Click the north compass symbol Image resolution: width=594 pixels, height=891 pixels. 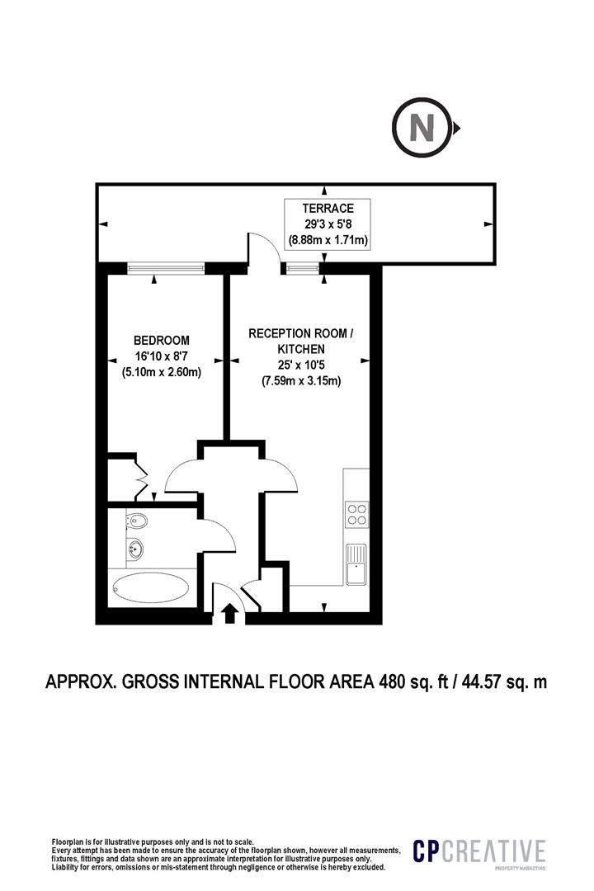(422, 129)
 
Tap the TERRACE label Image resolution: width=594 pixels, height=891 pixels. (328, 209)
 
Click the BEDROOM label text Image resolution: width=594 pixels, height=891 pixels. (162, 340)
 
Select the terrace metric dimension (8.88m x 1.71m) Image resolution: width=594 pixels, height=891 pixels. (328, 241)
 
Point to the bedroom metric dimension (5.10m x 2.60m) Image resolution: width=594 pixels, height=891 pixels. (162, 372)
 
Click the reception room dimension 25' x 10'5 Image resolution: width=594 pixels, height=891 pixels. (301, 365)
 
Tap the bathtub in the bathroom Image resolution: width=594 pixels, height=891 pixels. (151, 589)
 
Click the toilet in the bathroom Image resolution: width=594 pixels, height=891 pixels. (137, 521)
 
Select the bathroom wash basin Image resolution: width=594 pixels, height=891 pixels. (134, 548)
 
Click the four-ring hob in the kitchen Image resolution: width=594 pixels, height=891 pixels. (357, 514)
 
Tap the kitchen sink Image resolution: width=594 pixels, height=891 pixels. (356, 565)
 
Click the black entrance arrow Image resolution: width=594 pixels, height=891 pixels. (229, 612)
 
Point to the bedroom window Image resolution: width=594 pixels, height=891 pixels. (166, 267)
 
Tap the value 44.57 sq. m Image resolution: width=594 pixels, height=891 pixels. (506, 681)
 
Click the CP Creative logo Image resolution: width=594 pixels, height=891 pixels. (478, 852)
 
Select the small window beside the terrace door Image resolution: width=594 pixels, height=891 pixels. (301, 267)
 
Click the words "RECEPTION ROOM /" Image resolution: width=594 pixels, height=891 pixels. (301, 334)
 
